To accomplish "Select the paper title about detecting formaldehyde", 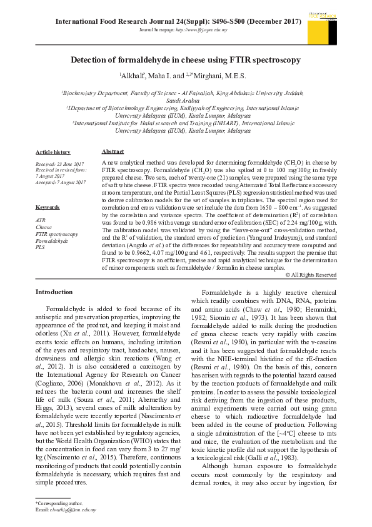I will pos(185,60).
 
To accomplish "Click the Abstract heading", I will pos(113,151).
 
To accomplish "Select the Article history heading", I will pos(53,152).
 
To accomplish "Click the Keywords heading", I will pos(48,207).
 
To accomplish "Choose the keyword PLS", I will pos(41,247).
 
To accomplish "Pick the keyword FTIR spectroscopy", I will pos(57,234).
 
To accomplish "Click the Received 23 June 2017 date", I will pos(57,164).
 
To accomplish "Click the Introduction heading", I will pos(54,292).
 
